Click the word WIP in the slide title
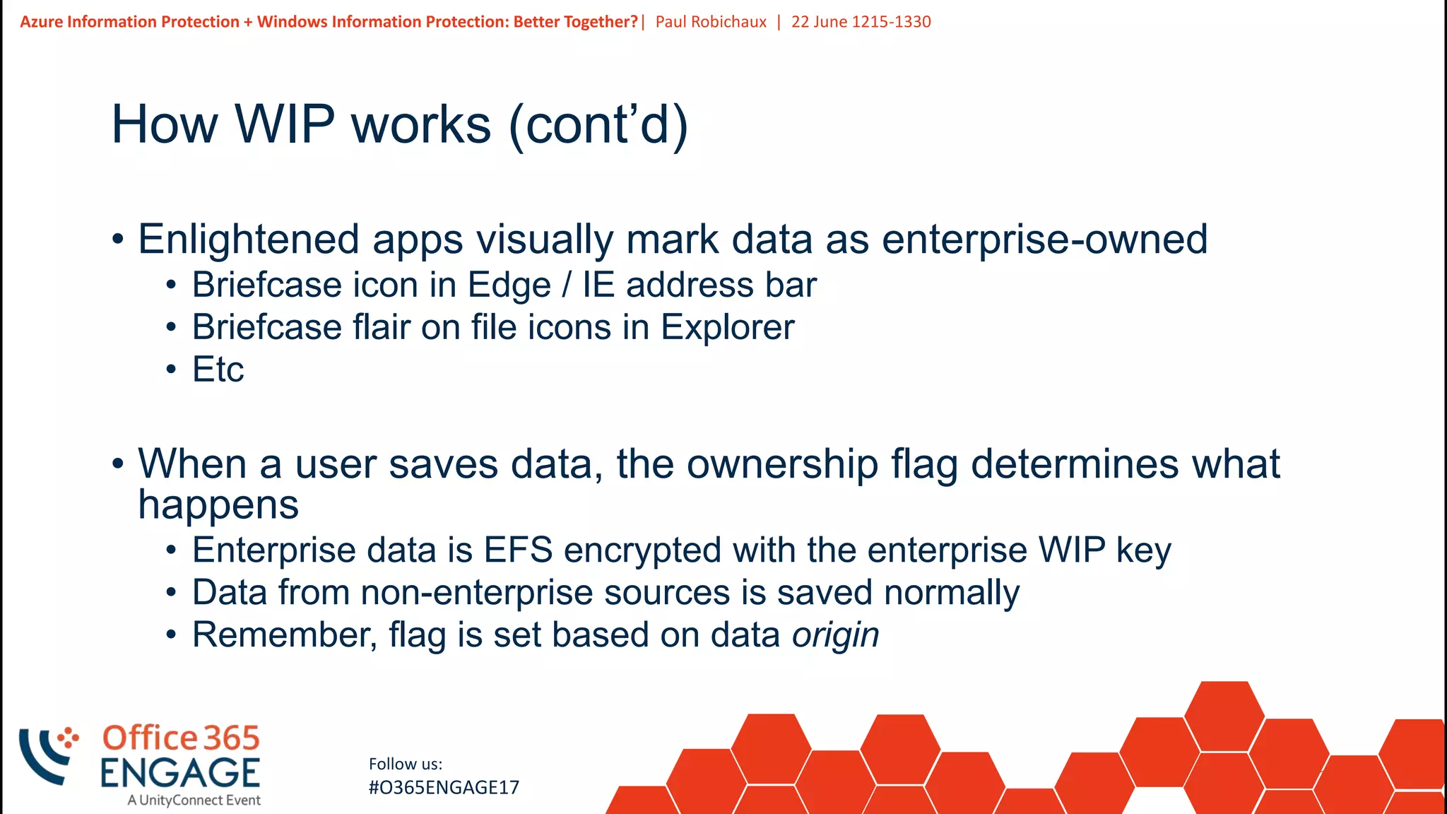(x=284, y=125)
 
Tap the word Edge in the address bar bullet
(x=509, y=285)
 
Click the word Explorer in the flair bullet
(x=727, y=328)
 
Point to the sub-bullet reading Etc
(x=218, y=370)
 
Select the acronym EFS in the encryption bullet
(x=518, y=550)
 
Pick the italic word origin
(x=835, y=635)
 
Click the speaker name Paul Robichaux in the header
(x=711, y=22)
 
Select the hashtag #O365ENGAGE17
(x=444, y=788)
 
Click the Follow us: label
(x=406, y=764)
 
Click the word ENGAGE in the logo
(x=180, y=773)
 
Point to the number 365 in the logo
(x=232, y=738)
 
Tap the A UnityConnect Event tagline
(x=194, y=801)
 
